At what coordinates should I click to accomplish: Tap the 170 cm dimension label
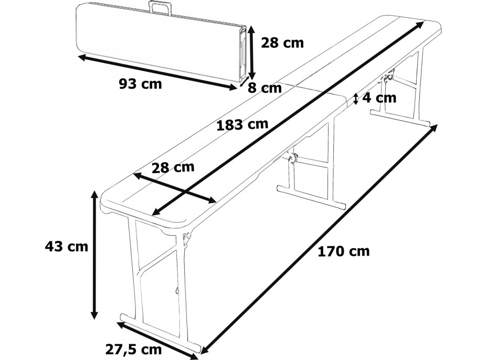pyautogui.click(x=343, y=251)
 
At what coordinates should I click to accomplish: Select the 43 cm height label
pyautogui.click(x=67, y=246)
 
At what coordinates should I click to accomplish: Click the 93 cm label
pyautogui.click(x=140, y=84)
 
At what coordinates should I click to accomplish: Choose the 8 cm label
pyautogui.click(x=265, y=88)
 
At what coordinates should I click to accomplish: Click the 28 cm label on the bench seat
pyautogui.click(x=173, y=167)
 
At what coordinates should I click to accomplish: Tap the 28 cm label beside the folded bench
pyautogui.click(x=282, y=43)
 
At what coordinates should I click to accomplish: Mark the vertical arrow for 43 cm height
pyautogui.click(x=94, y=255)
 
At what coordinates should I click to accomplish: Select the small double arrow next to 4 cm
pyautogui.click(x=356, y=98)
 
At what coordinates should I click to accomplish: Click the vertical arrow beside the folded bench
pyautogui.click(x=252, y=52)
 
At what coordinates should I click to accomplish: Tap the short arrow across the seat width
pyautogui.click(x=174, y=187)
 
